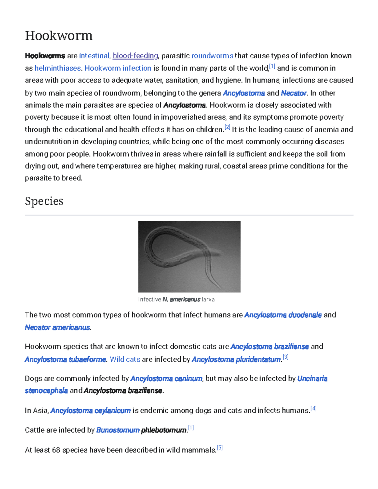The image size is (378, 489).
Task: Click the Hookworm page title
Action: click(59, 36)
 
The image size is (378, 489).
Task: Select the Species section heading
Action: click(44, 201)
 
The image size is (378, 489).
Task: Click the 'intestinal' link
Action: click(94, 56)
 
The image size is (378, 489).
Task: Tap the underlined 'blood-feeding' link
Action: click(135, 56)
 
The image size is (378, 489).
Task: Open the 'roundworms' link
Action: click(212, 56)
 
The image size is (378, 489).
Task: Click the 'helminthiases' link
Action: click(58, 68)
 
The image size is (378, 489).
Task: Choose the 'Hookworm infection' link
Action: click(118, 68)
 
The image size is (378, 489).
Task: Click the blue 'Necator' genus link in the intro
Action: click(293, 93)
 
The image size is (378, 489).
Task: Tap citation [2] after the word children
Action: click(227, 128)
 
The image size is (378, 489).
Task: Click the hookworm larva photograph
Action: click(189, 257)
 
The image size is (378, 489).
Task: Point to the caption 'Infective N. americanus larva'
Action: click(176, 299)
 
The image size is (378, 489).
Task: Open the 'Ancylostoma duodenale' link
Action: click(283, 315)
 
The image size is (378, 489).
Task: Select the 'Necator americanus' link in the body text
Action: click(57, 327)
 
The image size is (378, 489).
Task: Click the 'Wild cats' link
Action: click(125, 359)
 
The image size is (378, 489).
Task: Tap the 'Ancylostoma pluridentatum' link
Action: click(236, 359)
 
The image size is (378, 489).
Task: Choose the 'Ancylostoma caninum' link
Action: click(166, 378)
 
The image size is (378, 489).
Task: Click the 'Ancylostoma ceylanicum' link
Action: click(90, 411)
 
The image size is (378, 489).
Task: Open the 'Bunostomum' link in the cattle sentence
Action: click(118, 430)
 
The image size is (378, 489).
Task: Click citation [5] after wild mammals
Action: click(220, 447)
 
